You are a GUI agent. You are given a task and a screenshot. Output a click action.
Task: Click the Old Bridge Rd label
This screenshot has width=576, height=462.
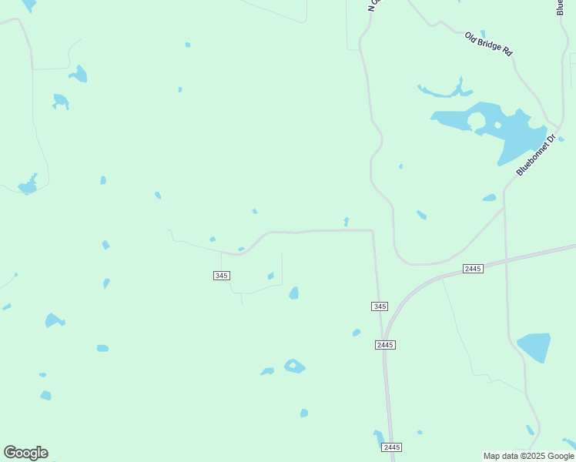click(488, 44)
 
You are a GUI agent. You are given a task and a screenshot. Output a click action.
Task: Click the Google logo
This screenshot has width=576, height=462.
click(25, 452)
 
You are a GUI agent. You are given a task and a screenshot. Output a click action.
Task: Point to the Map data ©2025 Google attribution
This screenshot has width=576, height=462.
click(528, 456)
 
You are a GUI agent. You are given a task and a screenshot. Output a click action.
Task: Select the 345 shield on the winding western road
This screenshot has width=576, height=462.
click(221, 276)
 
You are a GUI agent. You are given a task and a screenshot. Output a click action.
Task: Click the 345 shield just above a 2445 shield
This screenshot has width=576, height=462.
click(379, 306)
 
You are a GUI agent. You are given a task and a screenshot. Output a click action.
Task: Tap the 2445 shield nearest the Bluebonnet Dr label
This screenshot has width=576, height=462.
click(473, 268)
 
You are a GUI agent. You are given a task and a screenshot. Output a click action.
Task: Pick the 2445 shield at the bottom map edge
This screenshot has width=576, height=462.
click(391, 447)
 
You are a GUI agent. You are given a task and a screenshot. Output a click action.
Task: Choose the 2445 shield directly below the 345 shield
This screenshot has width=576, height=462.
click(386, 344)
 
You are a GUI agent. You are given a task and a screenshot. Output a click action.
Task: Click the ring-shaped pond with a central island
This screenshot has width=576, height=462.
click(294, 367)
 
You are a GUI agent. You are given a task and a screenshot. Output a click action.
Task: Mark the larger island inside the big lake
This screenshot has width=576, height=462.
click(476, 121)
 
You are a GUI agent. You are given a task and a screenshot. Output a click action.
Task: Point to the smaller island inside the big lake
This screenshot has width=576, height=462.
click(497, 125)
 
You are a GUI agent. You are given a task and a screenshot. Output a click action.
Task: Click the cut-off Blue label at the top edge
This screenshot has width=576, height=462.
click(560, 7)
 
